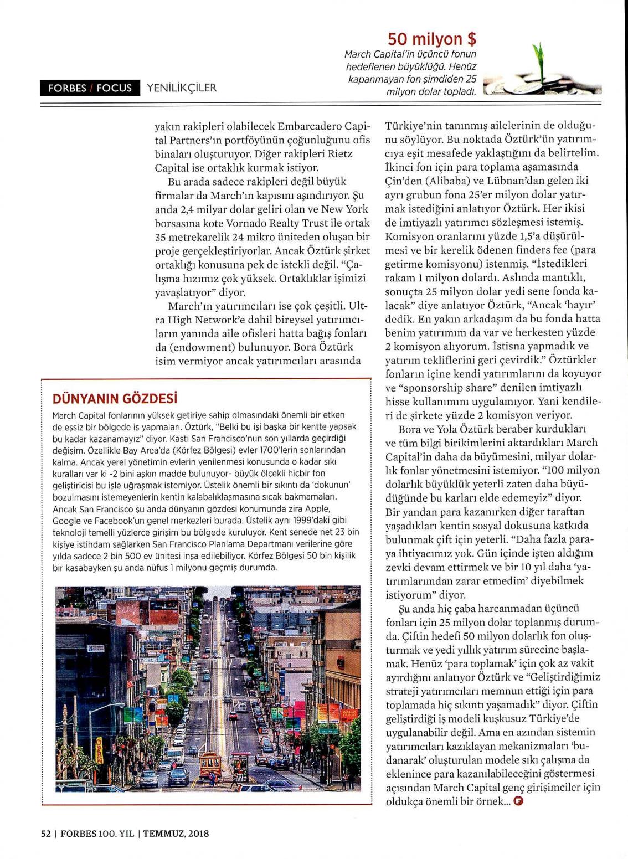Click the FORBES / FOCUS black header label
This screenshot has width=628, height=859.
click(90, 88)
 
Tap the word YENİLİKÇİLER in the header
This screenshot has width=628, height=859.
click(182, 88)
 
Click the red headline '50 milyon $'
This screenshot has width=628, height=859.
click(432, 39)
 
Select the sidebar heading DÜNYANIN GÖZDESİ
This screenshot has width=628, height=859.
click(115, 398)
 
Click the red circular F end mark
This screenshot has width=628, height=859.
click(518, 801)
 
